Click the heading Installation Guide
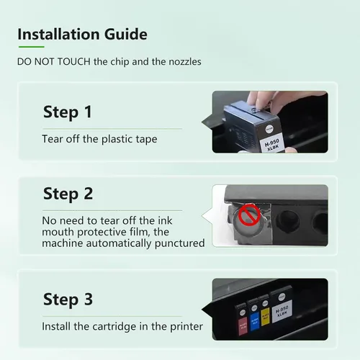[x=82, y=34]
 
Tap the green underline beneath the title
[x=32, y=47]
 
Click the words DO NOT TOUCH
[x=54, y=62]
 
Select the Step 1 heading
[x=68, y=112]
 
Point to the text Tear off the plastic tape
[x=99, y=139]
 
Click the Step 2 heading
[x=68, y=194]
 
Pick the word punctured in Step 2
[x=179, y=243]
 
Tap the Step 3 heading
[x=68, y=300]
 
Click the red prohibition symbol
[x=249, y=215]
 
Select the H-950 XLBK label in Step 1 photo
[x=272, y=145]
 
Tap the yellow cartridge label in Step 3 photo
[x=265, y=317]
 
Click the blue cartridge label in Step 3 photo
[x=255, y=322]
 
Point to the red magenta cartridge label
[x=243, y=326]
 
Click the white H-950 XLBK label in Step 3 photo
[x=282, y=311]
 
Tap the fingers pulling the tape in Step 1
[x=261, y=102]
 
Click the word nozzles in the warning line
[x=185, y=62]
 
